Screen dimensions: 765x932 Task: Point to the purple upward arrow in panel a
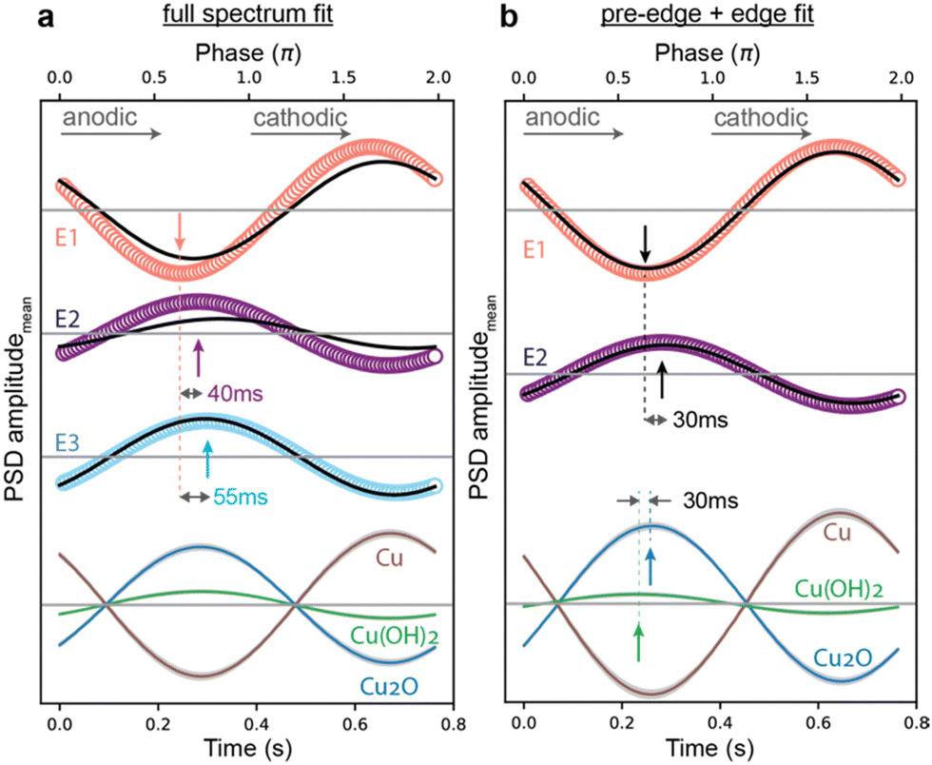coord(199,359)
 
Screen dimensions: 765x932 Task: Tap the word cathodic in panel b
coord(760,118)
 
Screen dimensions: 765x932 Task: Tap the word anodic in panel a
coord(98,118)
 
